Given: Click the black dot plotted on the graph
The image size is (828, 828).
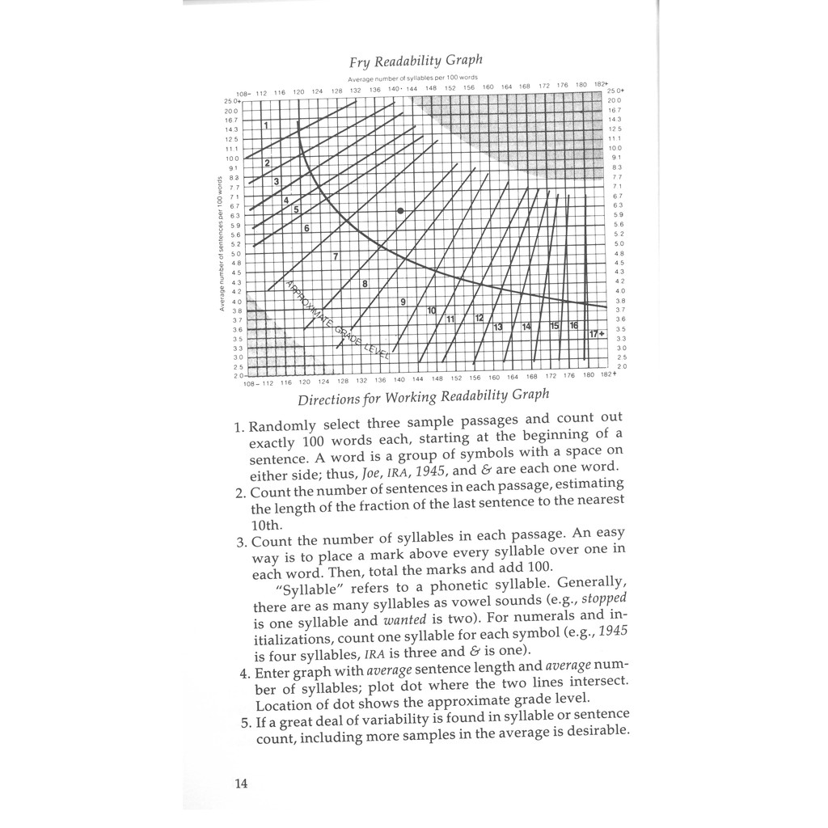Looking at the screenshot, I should click(400, 211).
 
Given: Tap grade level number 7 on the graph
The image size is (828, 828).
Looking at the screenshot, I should click(335, 256).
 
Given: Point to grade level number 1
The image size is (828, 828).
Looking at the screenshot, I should click(267, 127).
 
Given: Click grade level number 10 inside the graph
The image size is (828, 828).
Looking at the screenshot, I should click(432, 310).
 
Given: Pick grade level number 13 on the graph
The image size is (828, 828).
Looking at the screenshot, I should click(497, 327).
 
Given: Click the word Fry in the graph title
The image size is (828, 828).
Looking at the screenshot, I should click(361, 61).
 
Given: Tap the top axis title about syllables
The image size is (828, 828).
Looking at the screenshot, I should click(403, 78).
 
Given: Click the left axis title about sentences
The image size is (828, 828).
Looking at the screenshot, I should click(220, 243).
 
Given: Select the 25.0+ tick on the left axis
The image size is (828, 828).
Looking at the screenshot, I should click(231, 101).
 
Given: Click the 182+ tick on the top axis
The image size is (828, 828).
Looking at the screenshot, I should click(600, 84).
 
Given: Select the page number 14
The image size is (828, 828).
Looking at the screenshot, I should click(241, 783).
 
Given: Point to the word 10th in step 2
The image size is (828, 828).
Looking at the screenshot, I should click(268, 524).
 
